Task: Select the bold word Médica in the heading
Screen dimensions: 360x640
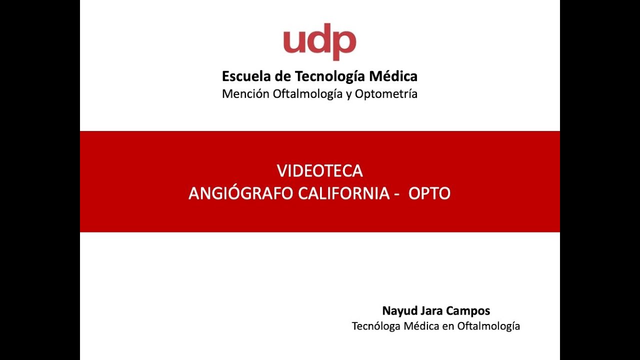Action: (393, 76)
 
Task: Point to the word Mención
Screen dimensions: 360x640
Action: (245, 93)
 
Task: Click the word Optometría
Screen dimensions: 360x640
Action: (386, 93)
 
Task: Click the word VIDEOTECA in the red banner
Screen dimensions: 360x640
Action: (320, 171)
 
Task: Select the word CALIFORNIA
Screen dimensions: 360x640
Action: (343, 193)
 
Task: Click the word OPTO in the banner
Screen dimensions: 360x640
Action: (429, 193)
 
